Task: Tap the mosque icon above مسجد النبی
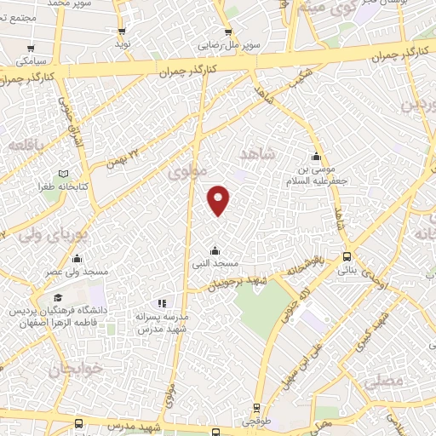[214, 250]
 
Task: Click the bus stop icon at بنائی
[347, 256]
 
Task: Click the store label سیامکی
[31, 61]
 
